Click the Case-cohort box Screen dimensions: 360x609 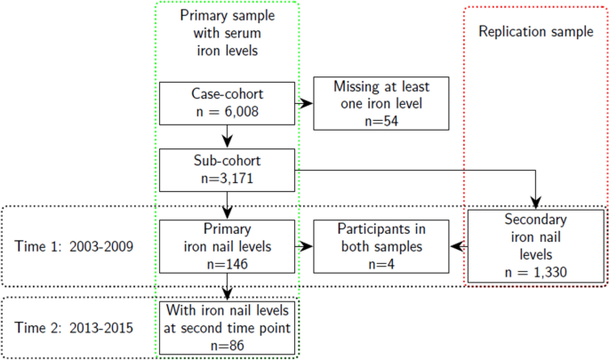coord(228,102)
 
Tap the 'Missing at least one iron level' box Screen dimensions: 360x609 coord(371,102)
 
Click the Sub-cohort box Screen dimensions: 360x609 coord(228,169)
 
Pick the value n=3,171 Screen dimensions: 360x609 coord(228,178)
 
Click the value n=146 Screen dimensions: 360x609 coord(228,264)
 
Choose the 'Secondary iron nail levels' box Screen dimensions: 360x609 coord(536,244)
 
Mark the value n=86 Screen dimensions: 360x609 coord(228,342)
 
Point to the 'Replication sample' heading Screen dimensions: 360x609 coord(535,32)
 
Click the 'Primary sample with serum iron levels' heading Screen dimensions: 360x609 coord(229,33)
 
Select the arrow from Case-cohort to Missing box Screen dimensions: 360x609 coord(305,103)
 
